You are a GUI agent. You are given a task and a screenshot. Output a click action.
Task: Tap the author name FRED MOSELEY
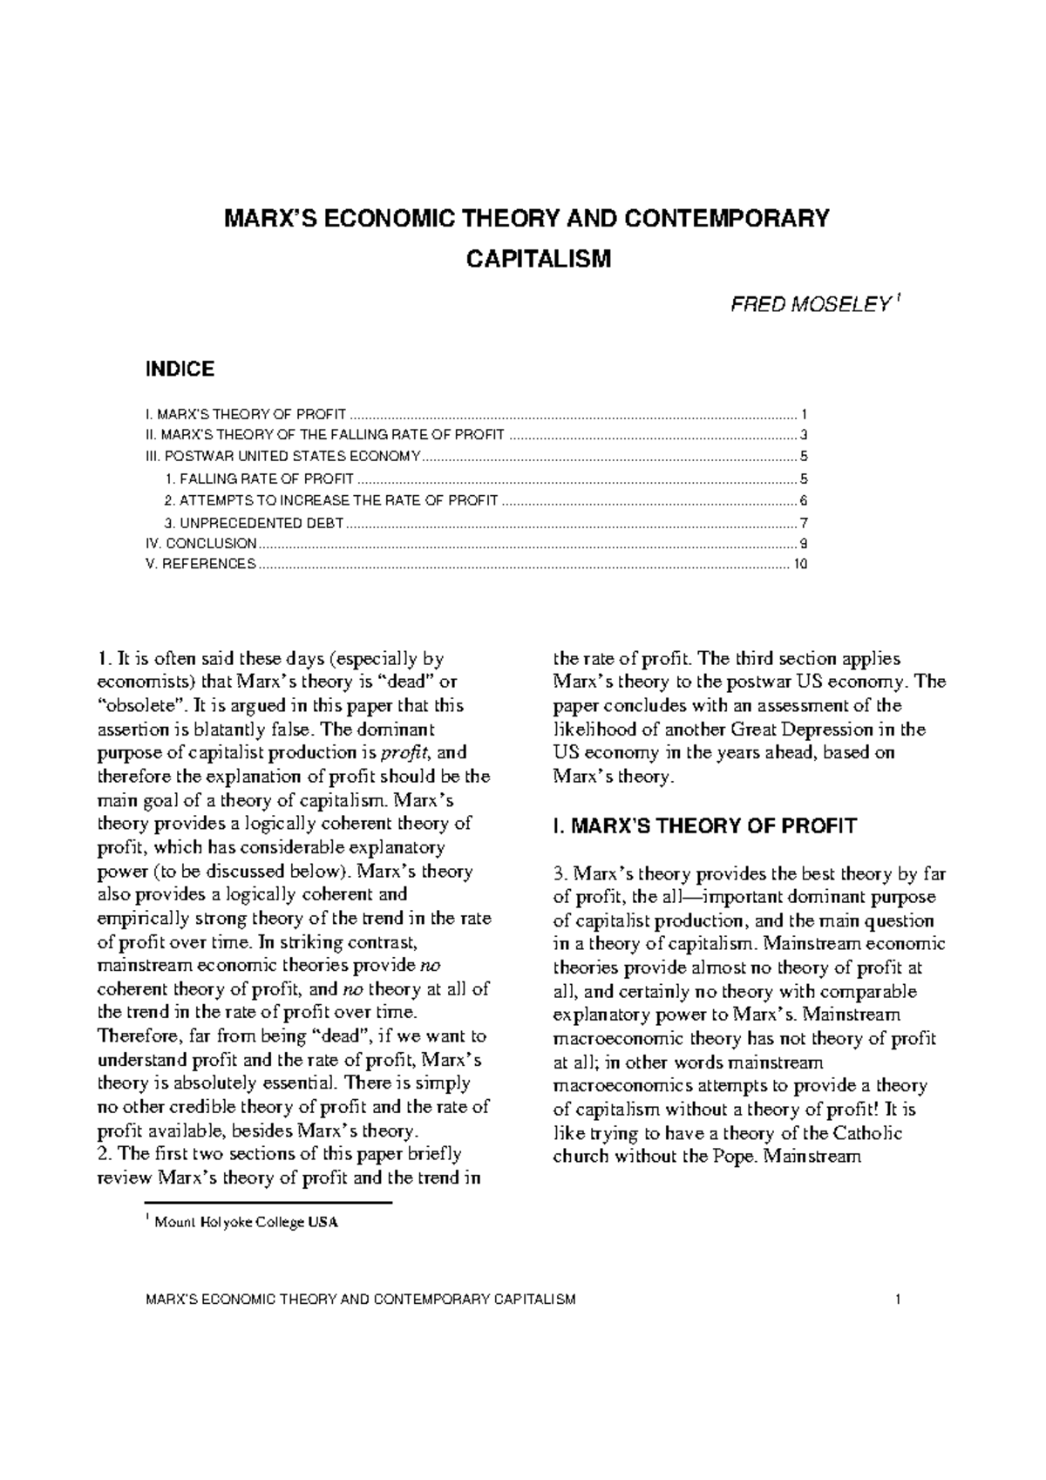point(810,307)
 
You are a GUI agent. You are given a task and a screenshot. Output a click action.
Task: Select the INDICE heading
point(179,370)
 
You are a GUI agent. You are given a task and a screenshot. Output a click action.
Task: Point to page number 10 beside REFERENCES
point(801,564)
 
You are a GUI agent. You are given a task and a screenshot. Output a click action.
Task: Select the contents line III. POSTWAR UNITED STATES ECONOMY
point(282,457)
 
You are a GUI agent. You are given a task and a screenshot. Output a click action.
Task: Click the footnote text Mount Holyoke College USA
point(245,1222)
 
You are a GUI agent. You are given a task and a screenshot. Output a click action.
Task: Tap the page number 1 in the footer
point(896,1300)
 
